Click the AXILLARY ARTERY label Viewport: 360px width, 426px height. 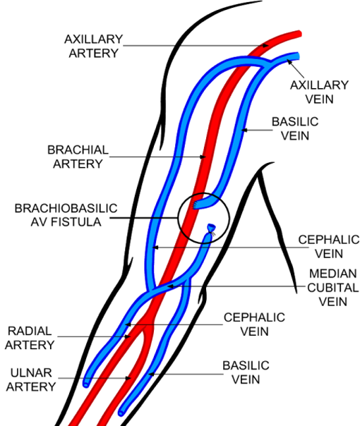point(94,46)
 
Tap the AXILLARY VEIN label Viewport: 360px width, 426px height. point(319,92)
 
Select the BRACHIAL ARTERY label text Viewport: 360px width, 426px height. point(78,157)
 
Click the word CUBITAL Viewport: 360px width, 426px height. point(333,288)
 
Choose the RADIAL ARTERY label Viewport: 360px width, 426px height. point(30,338)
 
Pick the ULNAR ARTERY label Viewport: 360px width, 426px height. point(31,379)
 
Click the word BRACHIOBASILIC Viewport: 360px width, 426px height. point(66,208)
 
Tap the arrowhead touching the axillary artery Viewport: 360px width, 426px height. point(265,46)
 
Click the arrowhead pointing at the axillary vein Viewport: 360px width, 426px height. point(290,63)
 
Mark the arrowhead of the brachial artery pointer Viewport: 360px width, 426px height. point(203,157)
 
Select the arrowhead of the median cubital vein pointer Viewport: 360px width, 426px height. point(170,286)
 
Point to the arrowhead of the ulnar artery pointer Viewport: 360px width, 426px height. point(128,378)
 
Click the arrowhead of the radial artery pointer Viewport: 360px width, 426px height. point(127,336)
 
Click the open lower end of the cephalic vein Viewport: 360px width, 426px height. point(86,384)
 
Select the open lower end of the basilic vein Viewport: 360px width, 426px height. point(121,413)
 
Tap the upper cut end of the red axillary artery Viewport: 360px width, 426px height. point(299,34)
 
